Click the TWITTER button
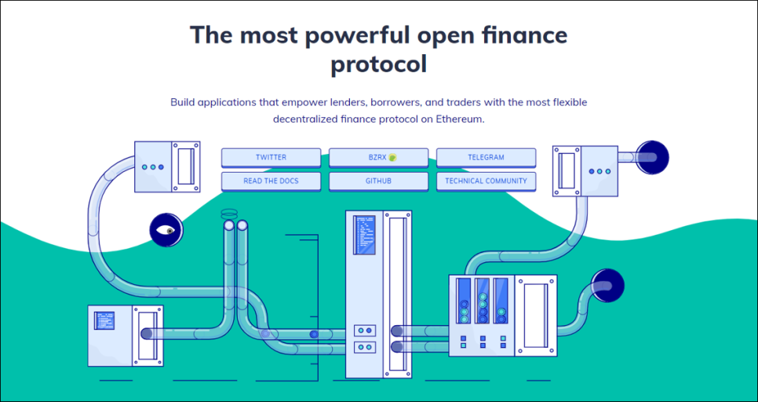pyautogui.click(x=271, y=157)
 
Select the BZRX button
pyautogui.click(x=378, y=157)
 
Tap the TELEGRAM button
pyautogui.click(x=486, y=157)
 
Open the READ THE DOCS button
pyautogui.click(x=271, y=181)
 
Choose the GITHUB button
pyautogui.click(x=378, y=181)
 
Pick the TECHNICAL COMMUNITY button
pyautogui.click(x=486, y=181)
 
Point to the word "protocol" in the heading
pyautogui.click(x=378, y=64)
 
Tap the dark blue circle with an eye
pyautogui.click(x=166, y=230)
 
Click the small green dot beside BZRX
pyautogui.click(x=393, y=157)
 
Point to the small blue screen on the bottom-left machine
pyautogui.click(x=104, y=320)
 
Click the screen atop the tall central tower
pyautogui.click(x=365, y=233)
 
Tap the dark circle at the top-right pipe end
pyautogui.click(x=651, y=157)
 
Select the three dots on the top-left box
pyautogui.click(x=152, y=167)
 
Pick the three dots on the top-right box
pyautogui.click(x=599, y=171)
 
